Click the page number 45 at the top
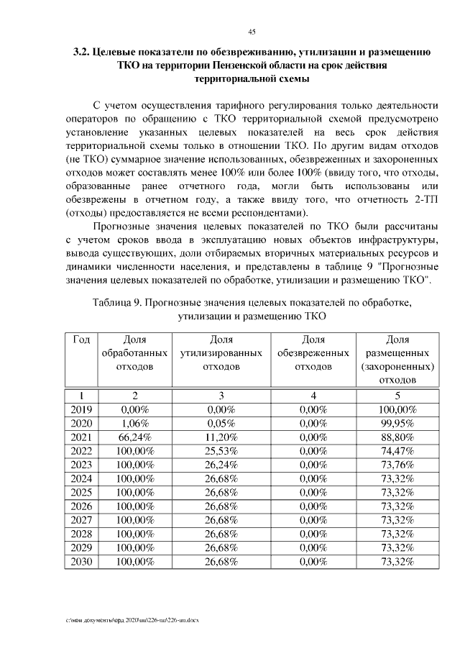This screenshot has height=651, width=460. click(252, 31)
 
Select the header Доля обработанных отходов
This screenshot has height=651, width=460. click(134, 353)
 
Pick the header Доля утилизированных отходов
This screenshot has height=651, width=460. click(221, 353)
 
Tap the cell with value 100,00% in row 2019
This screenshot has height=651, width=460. click(397, 409)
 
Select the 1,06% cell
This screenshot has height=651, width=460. click(134, 423)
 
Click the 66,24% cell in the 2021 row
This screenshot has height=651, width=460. click(134, 437)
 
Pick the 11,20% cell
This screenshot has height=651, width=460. click(221, 437)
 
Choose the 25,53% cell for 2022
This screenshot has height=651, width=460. click(221, 451)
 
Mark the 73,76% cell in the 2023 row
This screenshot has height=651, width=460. click(397, 465)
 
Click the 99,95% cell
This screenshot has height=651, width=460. click(397, 423)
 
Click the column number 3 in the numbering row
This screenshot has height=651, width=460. click(221, 395)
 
